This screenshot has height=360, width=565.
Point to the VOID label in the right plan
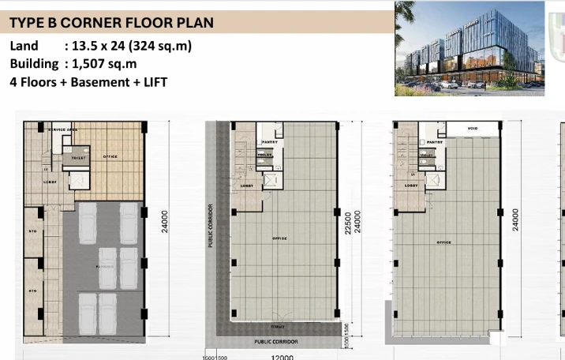coord(473,129)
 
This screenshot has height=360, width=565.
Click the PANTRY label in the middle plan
coord(268,142)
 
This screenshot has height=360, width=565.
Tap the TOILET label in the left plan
coord(78,158)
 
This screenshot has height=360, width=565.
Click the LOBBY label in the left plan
coord(51,182)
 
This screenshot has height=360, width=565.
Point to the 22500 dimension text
coord(347,223)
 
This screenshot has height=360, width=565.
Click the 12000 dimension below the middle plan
coord(282,357)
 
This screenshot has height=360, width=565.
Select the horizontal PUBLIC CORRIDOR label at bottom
coord(275,342)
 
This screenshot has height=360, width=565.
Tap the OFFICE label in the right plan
coord(444,242)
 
